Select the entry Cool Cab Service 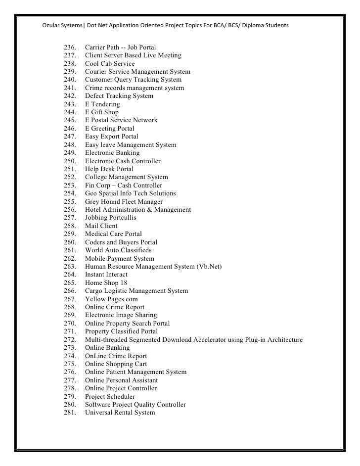pyautogui.click(x=109, y=64)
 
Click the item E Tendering pyautogui.click(x=102, y=104)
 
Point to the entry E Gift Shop pyautogui.click(x=102, y=112)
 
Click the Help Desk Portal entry pyautogui.click(x=109, y=169)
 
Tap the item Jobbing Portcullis pyautogui.click(x=111, y=218)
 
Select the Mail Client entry pyautogui.click(x=101, y=226)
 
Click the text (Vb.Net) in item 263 pyautogui.click(x=210, y=267)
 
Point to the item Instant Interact pyautogui.click(x=106, y=275)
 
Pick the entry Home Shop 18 pyautogui.click(x=106, y=282)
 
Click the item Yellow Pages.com pyautogui.click(x=111, y=299)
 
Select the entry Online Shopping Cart pyautogui.click(x=116, y=364)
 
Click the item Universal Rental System pyautogui.click(x=120, y=413)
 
